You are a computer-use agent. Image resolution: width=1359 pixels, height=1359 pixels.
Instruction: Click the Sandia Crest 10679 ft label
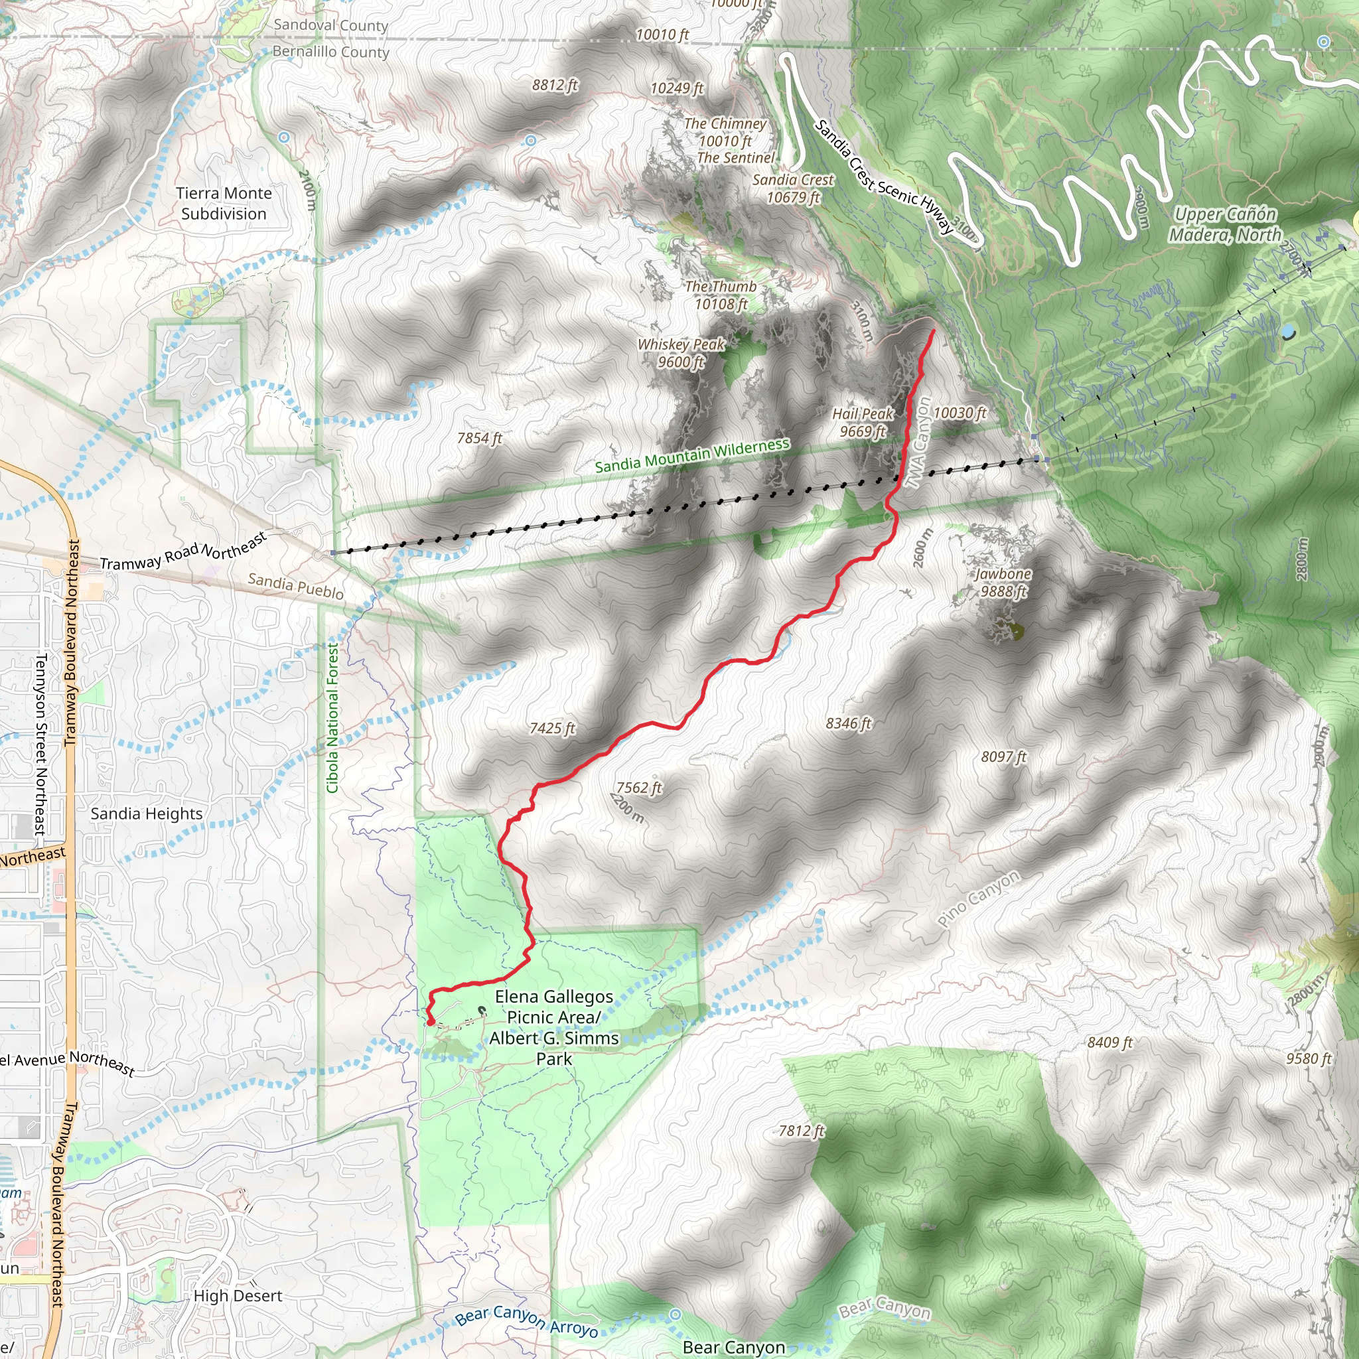pyautogui.click(x=793, y=188)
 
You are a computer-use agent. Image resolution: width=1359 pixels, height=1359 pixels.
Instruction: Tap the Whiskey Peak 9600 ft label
pyautogui.click(x=681, y=353)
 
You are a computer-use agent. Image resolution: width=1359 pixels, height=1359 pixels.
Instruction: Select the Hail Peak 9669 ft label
pyautogui.click(x=863, y=423)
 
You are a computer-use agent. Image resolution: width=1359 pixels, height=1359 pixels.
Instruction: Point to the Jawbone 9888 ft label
pyautogui.click(x=1003, y=583)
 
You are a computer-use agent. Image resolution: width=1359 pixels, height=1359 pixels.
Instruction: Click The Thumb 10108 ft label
pyautogui.click(x=721, y=295)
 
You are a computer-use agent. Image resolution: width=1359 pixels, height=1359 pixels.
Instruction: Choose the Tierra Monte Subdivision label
pyautogui.click(x=224, y=203)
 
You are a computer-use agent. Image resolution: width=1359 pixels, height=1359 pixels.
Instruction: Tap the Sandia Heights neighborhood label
pyautogui.click(x=146, y=814)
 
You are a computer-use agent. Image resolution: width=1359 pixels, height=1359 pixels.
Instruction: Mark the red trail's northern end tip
pyautogui.click(x=934, y=330)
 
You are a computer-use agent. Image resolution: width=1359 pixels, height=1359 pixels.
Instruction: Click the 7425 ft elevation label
pyautogui.click(x=552, y=728)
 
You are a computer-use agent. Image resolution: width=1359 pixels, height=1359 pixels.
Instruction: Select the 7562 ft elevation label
pyautogui.click(x=639, y=788)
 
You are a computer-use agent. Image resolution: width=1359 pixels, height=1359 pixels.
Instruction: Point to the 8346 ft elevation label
pyautogui.click(x=848, y=723)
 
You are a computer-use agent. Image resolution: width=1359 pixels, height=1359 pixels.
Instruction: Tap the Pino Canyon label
pyautogui.click(x=979, y=899)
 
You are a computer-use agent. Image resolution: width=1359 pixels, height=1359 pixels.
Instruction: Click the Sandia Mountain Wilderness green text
pyautogui.click(x=692, y=456)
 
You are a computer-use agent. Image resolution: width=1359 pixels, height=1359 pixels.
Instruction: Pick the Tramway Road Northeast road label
pyautogui.click(x=184, y=551)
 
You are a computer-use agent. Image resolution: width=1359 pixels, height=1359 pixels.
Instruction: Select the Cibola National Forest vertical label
pyautogui.click(x=332, y=717)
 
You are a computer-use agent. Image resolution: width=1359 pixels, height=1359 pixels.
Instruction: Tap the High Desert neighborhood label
pyautogui.click(x=238, y=1296)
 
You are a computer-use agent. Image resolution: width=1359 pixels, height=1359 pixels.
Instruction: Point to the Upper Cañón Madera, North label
pyautogui.click(x=1226, y=224)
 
